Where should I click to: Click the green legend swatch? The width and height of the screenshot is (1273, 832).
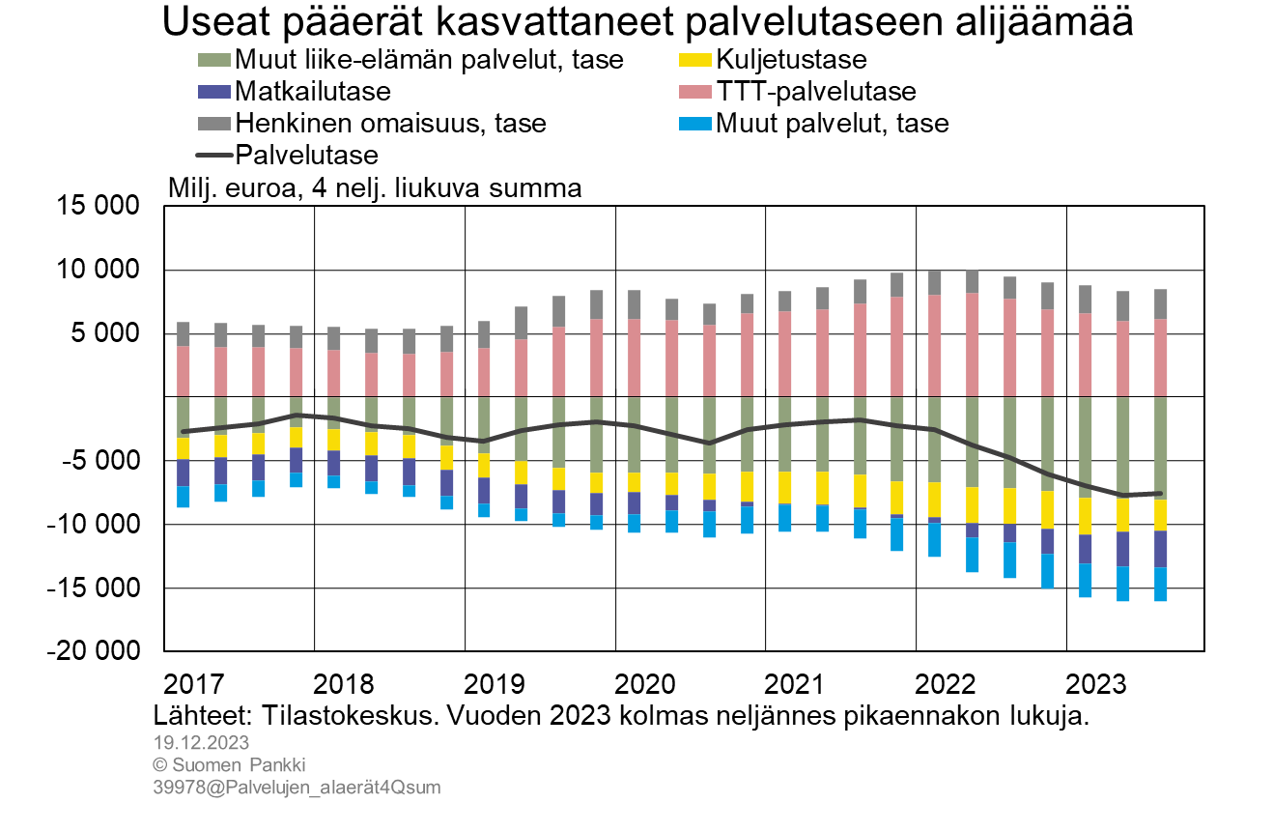[214, 60]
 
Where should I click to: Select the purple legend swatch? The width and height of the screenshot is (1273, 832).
[214, 92]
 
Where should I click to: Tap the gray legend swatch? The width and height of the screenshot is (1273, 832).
[214, 124]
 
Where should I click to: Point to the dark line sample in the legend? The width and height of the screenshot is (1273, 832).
[214, 155]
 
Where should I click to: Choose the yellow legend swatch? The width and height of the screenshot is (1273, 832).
[695, 60]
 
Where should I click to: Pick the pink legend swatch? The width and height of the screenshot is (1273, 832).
[695, 92]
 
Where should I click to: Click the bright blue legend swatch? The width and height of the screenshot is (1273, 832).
[695, 124]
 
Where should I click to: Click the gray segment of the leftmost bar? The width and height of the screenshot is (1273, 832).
[184, 333]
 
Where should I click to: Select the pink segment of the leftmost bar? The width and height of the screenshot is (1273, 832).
[184, 371]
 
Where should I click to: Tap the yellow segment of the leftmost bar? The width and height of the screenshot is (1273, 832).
[184, 448]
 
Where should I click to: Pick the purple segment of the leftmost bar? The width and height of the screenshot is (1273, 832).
[184, 473]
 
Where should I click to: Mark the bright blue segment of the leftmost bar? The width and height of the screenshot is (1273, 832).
[184, 497]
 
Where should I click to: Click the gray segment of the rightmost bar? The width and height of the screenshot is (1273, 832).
[1161, 303]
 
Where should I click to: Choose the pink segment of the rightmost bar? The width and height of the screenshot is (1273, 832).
[1161, 358]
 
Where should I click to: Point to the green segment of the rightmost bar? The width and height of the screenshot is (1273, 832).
[1161, 447]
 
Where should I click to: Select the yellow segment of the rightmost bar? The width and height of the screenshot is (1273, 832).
[1161, 515]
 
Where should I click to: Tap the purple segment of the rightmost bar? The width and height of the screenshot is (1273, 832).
[1161, 549]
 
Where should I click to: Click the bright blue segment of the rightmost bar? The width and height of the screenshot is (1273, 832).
[1161, 585]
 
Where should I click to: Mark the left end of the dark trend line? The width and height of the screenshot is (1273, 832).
[184, 432]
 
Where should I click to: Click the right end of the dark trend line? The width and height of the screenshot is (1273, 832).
[1161, 494]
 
